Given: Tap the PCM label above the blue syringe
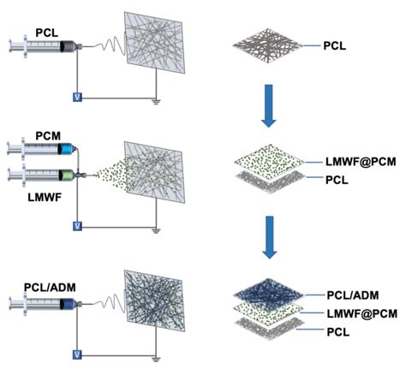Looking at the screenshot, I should coord(48,136).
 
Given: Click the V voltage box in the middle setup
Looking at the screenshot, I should coord(78,226).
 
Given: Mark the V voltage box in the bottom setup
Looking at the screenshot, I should coord(78,353).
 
